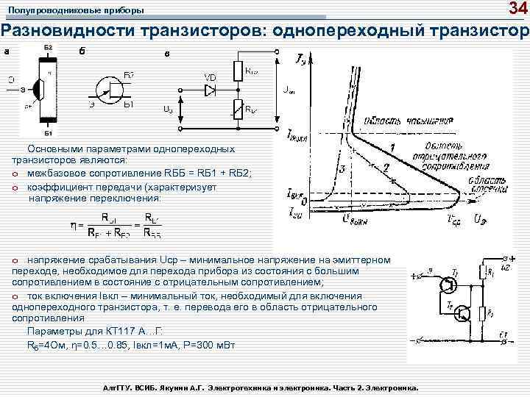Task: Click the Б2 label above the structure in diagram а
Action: (x=47, y=47)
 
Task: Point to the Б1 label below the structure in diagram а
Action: (x=47, y=133)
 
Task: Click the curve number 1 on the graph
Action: (x=392, y=149)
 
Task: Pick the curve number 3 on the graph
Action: (x=342, y=169)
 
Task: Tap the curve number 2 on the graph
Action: (x=386, y=168)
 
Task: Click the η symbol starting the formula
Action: (x=75, y=225)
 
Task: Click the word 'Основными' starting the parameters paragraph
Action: (x=54, y=149)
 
